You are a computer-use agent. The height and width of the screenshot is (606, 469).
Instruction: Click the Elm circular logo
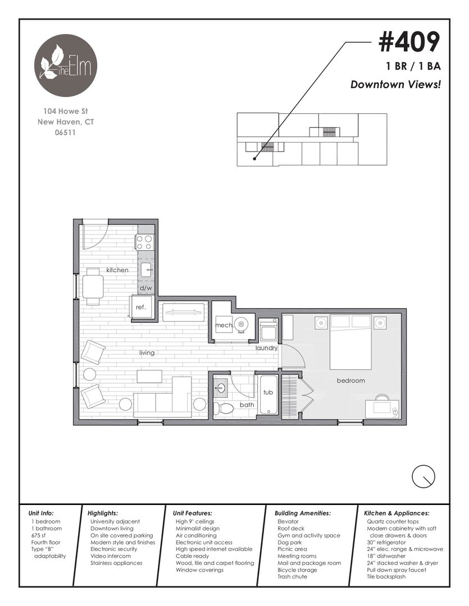click(66, 65)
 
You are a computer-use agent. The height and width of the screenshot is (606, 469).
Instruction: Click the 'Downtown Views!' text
click(395, 84)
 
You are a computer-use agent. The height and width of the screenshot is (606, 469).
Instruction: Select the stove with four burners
click(145, 242)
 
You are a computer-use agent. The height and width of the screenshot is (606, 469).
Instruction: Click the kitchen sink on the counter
click(147, 270)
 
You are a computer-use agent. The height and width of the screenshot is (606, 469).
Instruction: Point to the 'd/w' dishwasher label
click(146, 288)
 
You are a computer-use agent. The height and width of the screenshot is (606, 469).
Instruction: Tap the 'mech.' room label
click(224, 325)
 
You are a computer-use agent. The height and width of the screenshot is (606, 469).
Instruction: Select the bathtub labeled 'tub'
click(268, 394)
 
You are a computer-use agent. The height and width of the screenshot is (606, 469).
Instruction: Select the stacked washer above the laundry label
click(268, 330)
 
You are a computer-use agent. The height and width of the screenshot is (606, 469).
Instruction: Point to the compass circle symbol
click(424, 476)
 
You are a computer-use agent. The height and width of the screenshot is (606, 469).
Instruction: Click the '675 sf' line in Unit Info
click(38, 535)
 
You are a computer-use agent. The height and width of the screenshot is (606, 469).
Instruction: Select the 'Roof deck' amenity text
click(291, 529)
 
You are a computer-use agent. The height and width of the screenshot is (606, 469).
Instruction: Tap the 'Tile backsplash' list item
click(386, 577)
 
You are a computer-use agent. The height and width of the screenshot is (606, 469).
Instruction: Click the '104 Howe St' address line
click(66, 111)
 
